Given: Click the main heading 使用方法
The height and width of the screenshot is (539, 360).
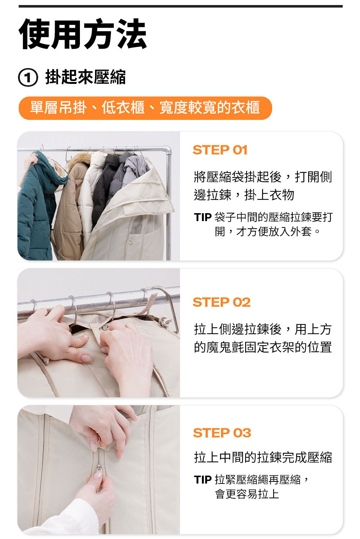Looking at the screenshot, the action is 82,34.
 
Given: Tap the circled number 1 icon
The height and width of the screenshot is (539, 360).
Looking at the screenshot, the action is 28,77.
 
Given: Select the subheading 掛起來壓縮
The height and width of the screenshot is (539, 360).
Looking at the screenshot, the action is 85,77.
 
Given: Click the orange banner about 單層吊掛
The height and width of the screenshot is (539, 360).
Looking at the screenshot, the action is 145,108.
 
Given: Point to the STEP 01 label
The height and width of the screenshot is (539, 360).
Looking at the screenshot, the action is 220,150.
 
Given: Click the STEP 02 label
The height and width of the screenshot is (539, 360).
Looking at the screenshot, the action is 221,302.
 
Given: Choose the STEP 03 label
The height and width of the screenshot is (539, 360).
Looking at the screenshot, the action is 222,433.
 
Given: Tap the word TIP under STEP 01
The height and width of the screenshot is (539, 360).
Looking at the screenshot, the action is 203,217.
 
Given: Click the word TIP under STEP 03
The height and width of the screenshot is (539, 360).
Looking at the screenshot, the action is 203,480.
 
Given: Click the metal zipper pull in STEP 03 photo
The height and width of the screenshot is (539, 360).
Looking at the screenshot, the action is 99,468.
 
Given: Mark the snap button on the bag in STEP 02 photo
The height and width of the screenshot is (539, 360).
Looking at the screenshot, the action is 105,327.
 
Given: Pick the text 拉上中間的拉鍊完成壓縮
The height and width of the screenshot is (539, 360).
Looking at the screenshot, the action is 263,457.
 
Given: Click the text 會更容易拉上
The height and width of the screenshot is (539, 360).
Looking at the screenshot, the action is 247,494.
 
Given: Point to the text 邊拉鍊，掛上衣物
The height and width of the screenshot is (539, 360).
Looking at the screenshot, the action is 244,195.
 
